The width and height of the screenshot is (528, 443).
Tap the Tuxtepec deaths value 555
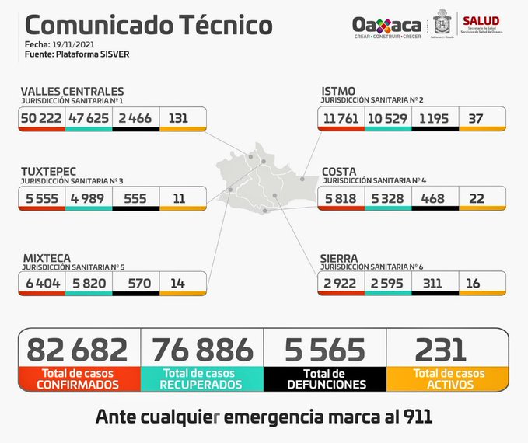(x=135, y=198)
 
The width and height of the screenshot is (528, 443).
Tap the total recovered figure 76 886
(x=202, y=350)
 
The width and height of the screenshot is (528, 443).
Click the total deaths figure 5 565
(x=325, y=350)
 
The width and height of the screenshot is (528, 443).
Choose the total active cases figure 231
(x=440, y=350)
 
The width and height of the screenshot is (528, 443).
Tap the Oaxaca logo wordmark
(x=386, y=24)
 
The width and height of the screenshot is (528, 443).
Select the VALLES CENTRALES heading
(x=72, y=92)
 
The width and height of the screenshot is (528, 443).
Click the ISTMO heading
(x=338, y=92)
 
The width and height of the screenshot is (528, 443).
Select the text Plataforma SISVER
(x=80, y=55)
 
